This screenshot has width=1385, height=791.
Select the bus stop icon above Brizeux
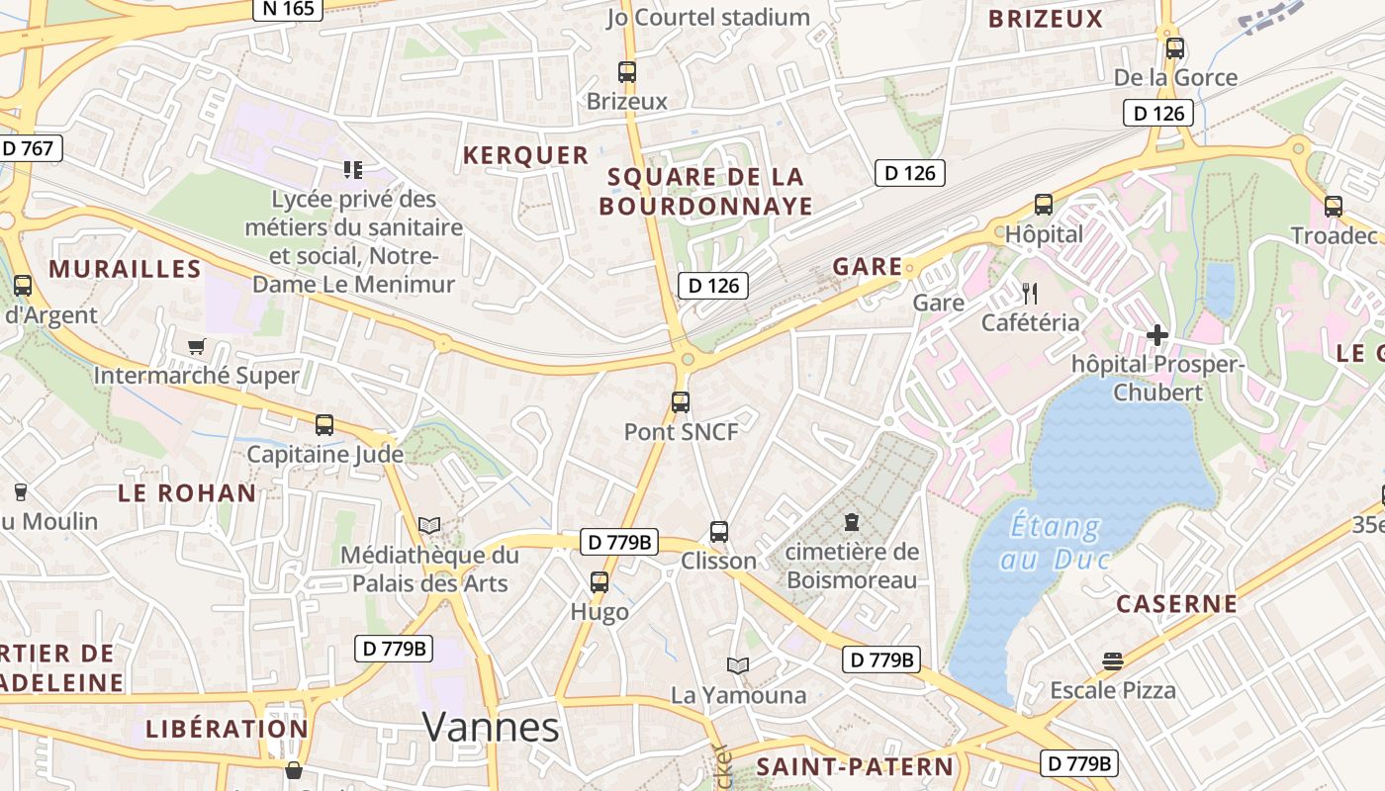(x=626, y=72)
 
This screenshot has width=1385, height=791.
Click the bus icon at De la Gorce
(x=1174, y=48)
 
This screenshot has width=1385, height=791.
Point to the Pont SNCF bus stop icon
(x=680, y=402)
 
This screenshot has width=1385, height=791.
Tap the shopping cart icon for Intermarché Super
(x=196, y=346)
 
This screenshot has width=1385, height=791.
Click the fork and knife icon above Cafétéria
(x=1030, y=293)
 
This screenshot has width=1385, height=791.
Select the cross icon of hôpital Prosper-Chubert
(x=1156, y=335)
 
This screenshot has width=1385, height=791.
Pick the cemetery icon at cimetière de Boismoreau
(x=852, y=521)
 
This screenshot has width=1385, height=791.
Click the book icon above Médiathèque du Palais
(x=428, y=525)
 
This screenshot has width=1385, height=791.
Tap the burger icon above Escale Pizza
(x=1113, y=661)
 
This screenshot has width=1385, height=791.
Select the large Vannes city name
(x=491, y=728)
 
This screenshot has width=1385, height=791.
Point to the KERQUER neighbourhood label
(x=525, y=155)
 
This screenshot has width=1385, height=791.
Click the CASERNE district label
(x=1176, y=604)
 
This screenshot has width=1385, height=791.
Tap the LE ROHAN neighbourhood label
(x=187, y=492)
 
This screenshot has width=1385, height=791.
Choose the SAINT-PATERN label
(x=855, y=766)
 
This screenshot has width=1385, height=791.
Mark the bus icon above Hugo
(x=599, y=582)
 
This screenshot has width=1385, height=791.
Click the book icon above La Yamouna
(x=737, y=665)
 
